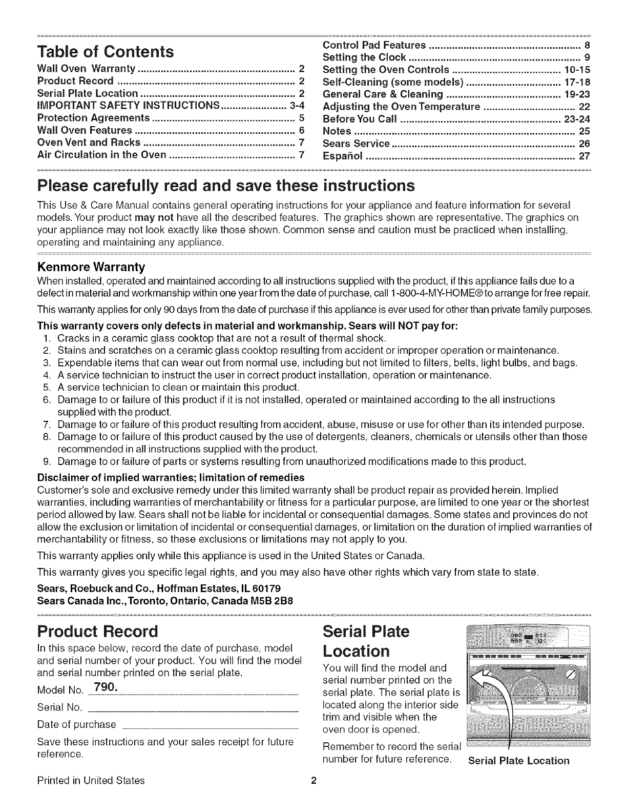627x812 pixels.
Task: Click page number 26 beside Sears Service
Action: click(584, 144)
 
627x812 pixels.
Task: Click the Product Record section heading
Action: click(98, 631)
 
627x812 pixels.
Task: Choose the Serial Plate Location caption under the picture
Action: click(518, 760)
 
